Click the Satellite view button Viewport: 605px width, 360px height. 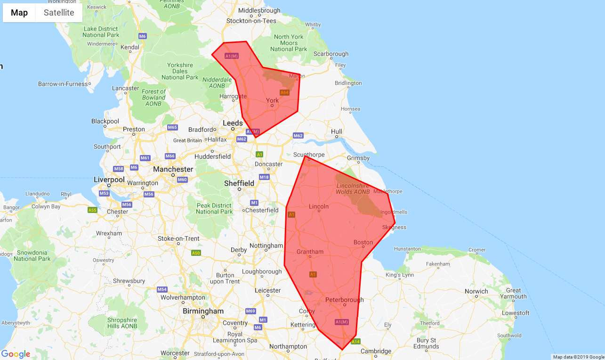point(59,13)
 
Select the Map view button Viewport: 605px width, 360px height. point(19,13)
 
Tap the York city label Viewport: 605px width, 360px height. point(273,100)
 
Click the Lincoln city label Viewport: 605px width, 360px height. point(319,206)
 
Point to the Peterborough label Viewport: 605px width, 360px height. point(344,300)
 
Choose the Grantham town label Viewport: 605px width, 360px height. point(310,252)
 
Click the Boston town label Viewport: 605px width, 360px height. point(363,243)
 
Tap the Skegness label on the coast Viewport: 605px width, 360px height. point(394,227)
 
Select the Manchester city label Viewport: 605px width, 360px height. point(173,169)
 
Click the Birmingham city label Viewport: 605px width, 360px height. point(203,311)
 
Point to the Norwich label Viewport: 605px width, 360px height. point(476,291)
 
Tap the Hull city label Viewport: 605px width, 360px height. point(337,131)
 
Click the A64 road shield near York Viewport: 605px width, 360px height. point(284,92)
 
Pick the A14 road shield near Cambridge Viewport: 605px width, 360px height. point(355,341)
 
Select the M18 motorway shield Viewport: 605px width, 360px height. point(264,177)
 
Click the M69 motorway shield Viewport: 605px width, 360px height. point(250,311)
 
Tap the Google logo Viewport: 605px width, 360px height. point(16,354)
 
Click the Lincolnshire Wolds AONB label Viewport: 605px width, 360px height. point(353,188)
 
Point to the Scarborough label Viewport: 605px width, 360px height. point(331,54)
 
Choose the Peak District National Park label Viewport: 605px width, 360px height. point(214,208)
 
